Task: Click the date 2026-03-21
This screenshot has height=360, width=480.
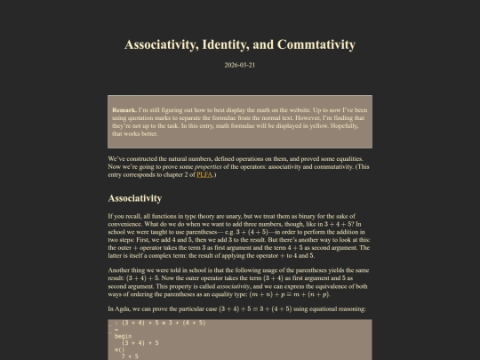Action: (240, 65)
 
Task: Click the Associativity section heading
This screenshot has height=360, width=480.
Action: (135, 198)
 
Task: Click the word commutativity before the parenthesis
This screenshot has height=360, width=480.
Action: (318, 167)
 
